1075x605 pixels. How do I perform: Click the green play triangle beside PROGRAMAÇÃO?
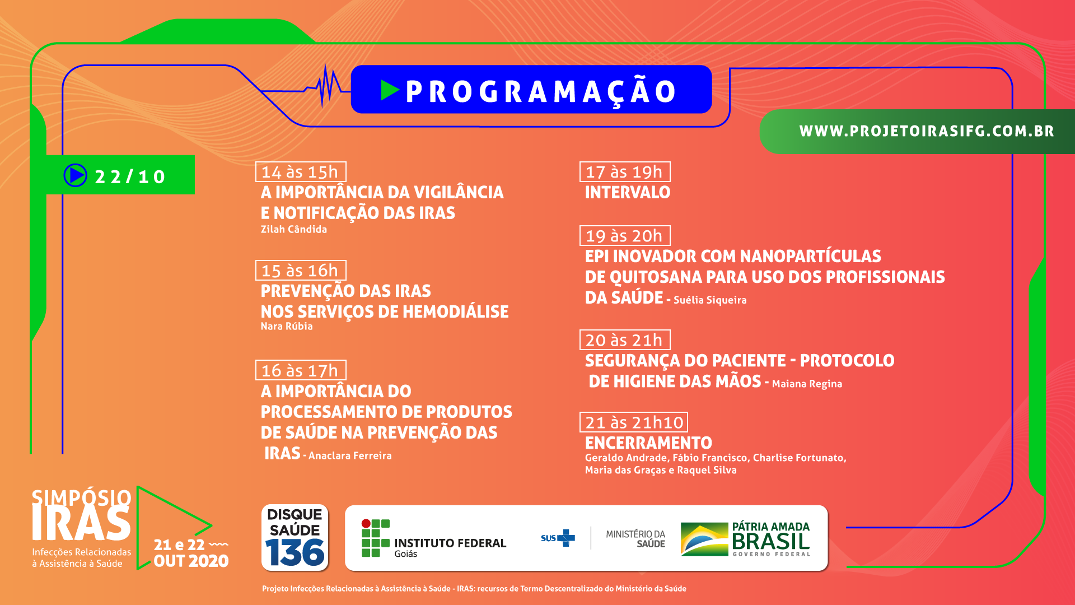[389, 90]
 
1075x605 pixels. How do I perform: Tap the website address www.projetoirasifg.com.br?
[927, 131]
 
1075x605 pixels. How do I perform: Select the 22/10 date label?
[130, 177]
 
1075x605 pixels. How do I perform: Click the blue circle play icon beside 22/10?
[75, 175]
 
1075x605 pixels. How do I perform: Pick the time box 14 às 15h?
[301, 171]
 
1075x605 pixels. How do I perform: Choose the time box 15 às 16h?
[301, 270]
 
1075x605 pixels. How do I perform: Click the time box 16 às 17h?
[301, 370]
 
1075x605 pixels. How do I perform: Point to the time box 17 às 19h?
[625, 171]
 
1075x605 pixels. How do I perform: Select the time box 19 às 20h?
[625, 235]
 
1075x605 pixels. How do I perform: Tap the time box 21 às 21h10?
[634, 422]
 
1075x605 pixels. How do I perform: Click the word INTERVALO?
[628, 192]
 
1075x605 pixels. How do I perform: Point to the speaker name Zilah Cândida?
[294, 229]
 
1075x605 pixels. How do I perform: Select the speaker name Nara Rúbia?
[287, 326]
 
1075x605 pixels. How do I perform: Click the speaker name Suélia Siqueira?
[710, 300]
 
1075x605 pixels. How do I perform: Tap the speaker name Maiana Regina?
[807, 384]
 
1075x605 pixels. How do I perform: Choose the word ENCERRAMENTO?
[648, 443]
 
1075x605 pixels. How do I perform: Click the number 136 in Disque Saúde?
[295, 552]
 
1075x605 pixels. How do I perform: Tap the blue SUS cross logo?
[566, 538]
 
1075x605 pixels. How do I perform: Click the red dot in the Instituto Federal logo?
[366, 524]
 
